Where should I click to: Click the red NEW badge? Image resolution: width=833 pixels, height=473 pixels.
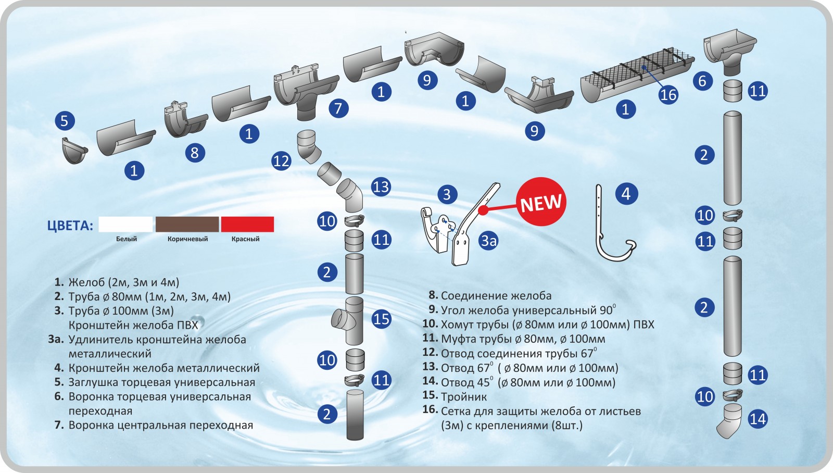pyautogui.click(x=541, y=202)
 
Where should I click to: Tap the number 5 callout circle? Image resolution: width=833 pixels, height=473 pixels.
pyautogui.click(x=65, y=121)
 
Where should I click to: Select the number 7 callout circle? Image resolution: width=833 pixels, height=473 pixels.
pyautogui.click(x=338, y=108)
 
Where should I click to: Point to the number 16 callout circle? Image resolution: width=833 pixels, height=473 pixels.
pyautogui.click(x=668, y=94)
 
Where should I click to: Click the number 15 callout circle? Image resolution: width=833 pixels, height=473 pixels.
pyautogui.click(x=381, y=319)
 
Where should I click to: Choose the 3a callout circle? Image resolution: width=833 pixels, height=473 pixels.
pyautogui.click(x=489, y=241)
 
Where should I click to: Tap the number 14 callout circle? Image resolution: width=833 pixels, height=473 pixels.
pyautogui.click(x=758, y=419)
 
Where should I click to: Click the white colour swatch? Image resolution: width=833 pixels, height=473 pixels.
pyautogui.click(x=126, y=225)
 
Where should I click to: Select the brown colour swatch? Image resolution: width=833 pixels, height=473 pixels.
pyautogui.click(x=187, y=225)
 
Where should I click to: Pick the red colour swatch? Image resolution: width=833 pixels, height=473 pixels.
pyautogui.click(x=247, y=225)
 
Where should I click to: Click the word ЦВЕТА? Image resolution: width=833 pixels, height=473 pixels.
pyautogui.click(x=70, y=226)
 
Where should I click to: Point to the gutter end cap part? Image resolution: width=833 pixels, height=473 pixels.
pyautogui.click(x=73, y=150)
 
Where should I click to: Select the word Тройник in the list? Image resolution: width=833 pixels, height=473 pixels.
pyautogui.click(x=464, y=397)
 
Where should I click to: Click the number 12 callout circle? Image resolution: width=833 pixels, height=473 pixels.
pyautogui.click(x=281, y=161)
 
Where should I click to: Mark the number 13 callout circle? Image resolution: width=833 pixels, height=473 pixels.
pyautogui.click(x=381, y=186)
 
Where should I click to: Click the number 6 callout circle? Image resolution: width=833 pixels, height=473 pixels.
pyautogui.click(x=702, y=81)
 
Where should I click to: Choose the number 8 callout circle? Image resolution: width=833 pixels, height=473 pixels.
pyautogui.click(x=195, y=153)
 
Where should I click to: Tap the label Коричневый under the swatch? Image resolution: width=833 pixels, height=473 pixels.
pyautogui.click(x=187, y=239)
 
